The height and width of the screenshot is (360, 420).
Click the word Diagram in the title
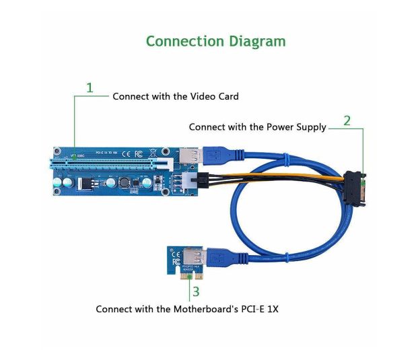coord(255,41)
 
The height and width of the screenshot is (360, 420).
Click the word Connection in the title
coord(184,41)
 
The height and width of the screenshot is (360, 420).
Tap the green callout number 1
coord(90,87)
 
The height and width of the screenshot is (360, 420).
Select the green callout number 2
coord(347,121)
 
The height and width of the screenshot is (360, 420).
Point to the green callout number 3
coord(196,291)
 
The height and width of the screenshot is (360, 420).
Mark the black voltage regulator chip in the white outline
coord(85,183)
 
